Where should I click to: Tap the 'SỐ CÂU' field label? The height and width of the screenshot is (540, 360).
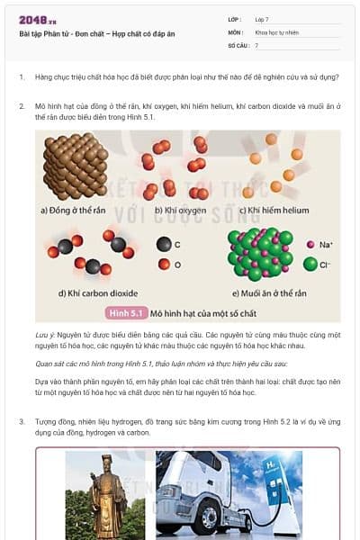pos(237,44)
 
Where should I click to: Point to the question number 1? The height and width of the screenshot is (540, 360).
pos(22,76)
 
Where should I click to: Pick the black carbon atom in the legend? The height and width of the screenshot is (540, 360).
pos(162,244)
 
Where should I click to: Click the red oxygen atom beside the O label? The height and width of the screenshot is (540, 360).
pos(162,265)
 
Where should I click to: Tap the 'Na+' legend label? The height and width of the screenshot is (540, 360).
pos(326,245)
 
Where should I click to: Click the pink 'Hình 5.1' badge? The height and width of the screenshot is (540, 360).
pos(126,313)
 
